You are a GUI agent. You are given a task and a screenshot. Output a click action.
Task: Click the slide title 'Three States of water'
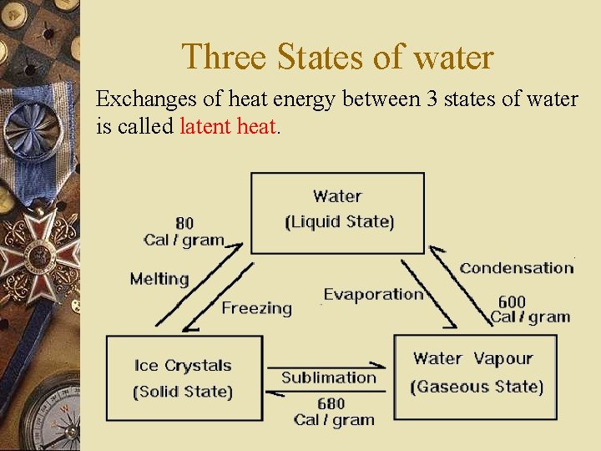(x=337, y=57)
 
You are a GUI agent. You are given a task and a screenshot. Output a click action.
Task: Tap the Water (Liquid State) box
(x=337, y=212)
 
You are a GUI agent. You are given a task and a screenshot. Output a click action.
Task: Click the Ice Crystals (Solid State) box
(x=184, y=378)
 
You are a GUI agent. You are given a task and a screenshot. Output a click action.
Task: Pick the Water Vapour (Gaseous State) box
(x=475, y=376)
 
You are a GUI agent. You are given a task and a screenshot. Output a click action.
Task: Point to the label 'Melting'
(x=159, y=279)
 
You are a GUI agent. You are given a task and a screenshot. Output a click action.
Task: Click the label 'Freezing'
(x=256, y=308)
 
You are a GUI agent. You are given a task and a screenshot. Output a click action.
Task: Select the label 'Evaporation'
(x=372, y=294)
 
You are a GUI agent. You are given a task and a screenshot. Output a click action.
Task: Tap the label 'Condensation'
(x=517, y=268)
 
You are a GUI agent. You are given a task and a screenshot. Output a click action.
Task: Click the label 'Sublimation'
(x=329, y=378)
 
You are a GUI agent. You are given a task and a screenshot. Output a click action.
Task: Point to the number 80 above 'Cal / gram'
(x=184, y=223)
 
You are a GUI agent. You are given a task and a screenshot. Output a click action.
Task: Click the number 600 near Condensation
(x=512, y=302)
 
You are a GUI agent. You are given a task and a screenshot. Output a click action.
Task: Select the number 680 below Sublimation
(x=331, y=404)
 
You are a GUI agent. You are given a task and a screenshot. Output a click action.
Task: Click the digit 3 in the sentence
(x=432, y=99)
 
